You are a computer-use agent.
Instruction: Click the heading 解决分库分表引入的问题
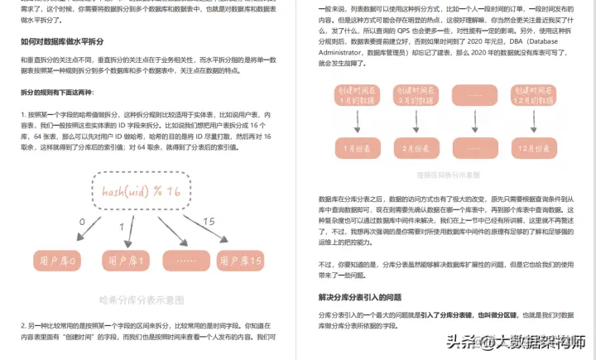click(359, 297)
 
